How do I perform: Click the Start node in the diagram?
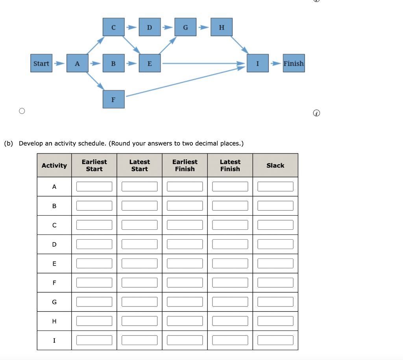41,63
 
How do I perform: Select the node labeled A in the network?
77,63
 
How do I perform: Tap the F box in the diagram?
113,99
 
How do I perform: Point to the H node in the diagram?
222,27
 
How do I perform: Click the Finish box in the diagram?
294,63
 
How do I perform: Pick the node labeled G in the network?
185,27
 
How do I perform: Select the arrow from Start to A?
59,63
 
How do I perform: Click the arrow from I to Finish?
277,63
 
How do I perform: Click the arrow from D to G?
168,27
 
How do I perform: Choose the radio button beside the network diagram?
22,111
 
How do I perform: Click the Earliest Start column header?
94,165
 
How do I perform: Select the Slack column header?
275,165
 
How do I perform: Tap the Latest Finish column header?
230,165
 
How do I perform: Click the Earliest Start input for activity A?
94,186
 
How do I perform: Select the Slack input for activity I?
275,340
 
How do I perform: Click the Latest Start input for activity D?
139,244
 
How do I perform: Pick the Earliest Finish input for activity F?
185,282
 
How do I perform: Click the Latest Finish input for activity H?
230,321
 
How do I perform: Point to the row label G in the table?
54,302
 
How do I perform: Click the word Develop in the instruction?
31,143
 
